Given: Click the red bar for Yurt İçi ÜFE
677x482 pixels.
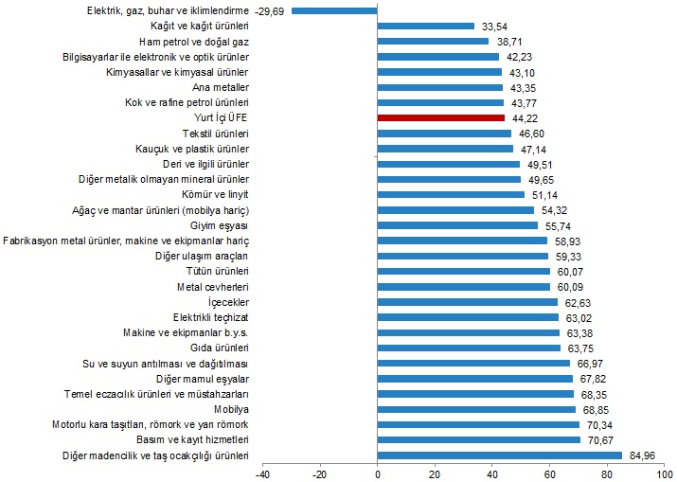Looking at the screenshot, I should click(x=440, y=117).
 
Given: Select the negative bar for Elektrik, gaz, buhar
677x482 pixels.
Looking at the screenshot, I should click(x=334, y=10).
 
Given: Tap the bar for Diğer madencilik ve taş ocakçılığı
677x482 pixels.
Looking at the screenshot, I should click(x=499, y=455).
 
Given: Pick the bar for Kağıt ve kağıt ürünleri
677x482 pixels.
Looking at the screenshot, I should click(x=425, y=26).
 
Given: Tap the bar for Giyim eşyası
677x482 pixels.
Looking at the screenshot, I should click(x=457, y=225).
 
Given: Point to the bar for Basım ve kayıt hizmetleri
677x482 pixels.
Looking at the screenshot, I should click(x=478, y=439).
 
